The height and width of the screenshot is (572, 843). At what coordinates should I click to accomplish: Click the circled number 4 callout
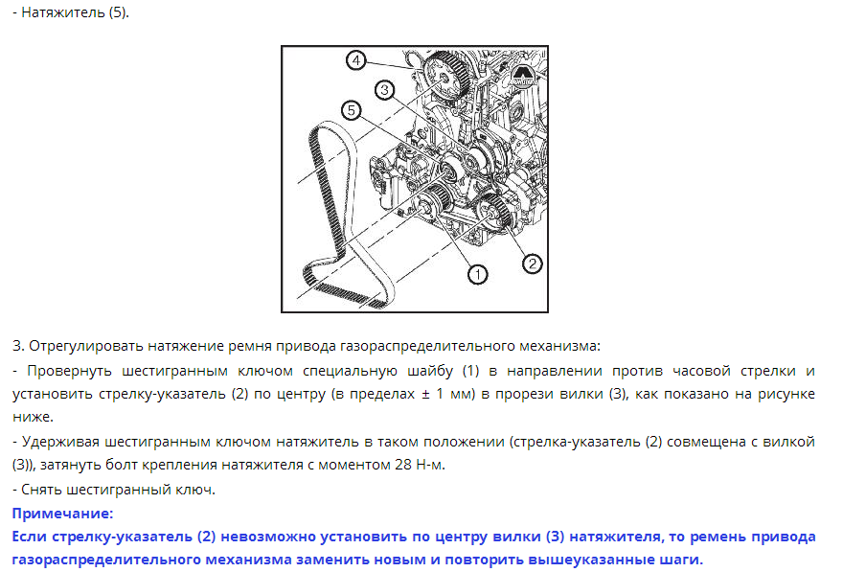coord(356,60)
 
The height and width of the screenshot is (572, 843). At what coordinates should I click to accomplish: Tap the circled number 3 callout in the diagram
coord(384,90)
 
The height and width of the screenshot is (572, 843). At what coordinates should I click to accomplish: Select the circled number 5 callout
coord(351,111)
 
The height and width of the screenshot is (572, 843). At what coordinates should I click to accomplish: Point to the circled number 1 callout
coord(477,275)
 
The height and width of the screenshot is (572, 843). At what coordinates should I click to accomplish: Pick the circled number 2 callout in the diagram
coord(533,263)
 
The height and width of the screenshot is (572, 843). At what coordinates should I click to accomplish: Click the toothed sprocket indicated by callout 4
coord(445,77)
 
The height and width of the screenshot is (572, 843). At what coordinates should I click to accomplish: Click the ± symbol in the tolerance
coord(425,395)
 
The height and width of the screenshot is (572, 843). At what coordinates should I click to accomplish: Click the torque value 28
coord(403,465)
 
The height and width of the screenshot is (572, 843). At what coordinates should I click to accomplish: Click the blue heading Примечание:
coord(63,514)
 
